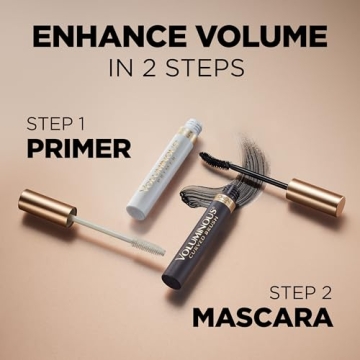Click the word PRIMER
(79, 149)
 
